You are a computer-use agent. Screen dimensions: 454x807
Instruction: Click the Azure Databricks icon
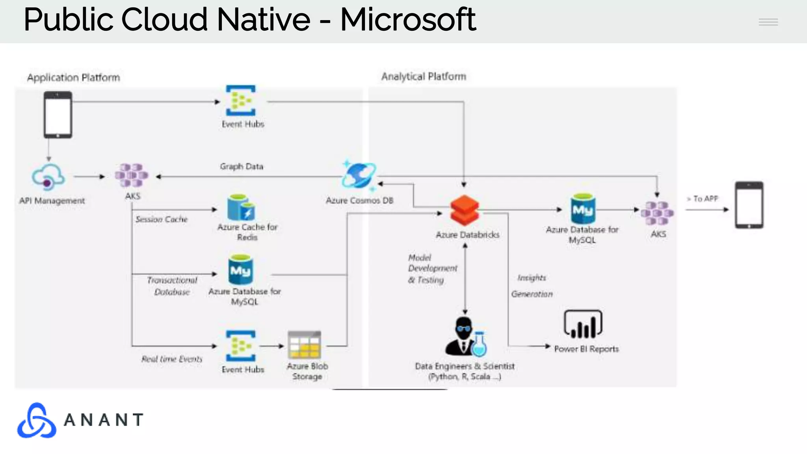tap(465, 211)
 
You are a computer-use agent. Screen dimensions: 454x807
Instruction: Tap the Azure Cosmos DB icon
tap(359, 176)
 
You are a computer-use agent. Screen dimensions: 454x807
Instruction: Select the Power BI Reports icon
tap(583, 324)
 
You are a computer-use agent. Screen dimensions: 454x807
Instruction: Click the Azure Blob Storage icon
tap(304, 345)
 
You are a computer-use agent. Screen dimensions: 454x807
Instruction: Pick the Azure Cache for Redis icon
tap(241, 208)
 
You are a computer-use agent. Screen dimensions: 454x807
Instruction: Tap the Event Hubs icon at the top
tap(240, 100)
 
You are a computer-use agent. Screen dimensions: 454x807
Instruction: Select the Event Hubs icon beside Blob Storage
tap(240, 346)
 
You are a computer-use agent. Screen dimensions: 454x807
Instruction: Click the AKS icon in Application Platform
tap(132, 175)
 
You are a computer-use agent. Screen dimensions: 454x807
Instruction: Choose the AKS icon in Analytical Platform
tap(657, 213)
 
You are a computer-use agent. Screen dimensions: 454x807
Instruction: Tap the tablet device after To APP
tap(749, 205)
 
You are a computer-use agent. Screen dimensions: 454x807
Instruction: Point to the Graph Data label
tap(242, 166)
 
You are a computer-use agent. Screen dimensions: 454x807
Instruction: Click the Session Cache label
tap(162, 219)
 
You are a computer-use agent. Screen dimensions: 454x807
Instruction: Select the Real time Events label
tap(172, 359)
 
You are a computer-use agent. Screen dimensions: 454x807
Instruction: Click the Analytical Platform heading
tap(424, 76)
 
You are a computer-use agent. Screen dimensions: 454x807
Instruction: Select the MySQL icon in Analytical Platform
tap(583, 209)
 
